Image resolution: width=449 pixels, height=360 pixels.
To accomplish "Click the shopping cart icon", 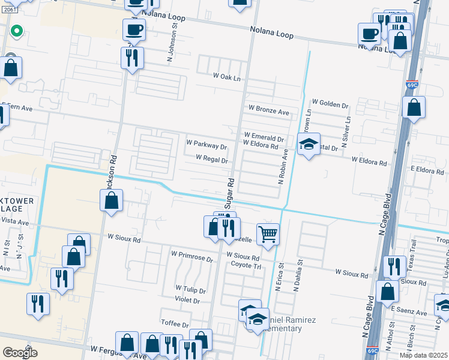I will click(268, 234).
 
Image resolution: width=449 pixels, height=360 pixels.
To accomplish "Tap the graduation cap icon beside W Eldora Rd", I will click(309, 144).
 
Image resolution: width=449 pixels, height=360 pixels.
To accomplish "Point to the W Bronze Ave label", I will click(269, 112).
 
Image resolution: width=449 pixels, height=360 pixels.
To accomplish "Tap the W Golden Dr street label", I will click(330, 104).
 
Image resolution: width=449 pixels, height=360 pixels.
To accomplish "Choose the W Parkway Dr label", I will click(206, 146).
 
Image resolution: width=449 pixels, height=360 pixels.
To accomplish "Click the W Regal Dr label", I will click(212, 160).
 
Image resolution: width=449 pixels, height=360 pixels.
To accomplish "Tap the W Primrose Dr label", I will click(192, 260).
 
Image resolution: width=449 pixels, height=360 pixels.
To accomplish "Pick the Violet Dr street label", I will click(187, 301).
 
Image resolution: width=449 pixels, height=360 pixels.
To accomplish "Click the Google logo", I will click(20, 353).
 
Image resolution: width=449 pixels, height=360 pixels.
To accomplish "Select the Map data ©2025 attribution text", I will click(423, 355).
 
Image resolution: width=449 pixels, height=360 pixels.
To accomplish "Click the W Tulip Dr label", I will click(190, 290).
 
